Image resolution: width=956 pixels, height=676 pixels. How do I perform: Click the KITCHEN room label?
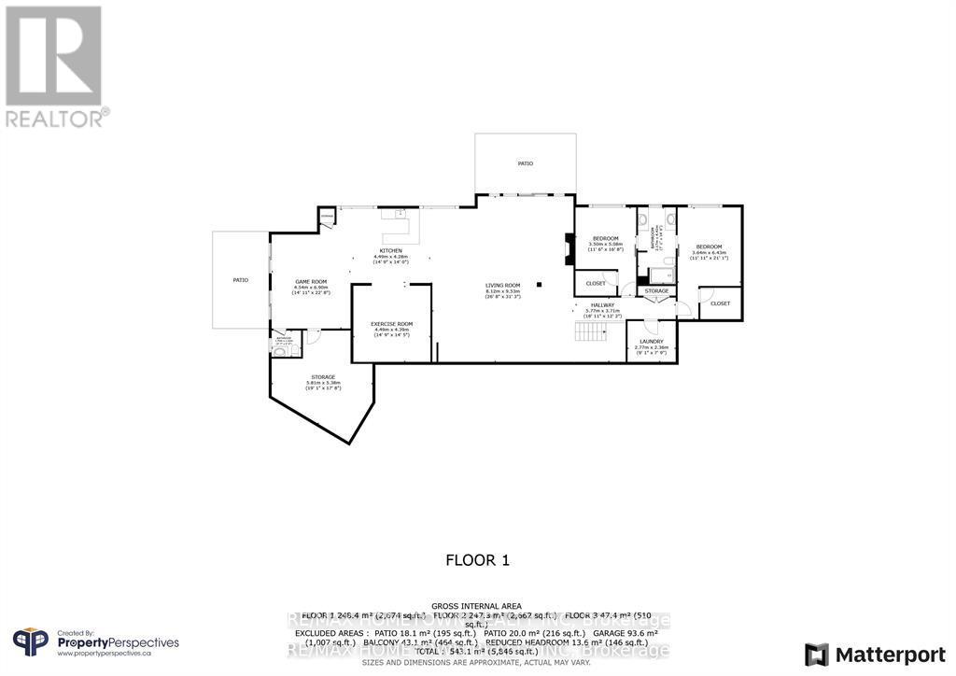390,250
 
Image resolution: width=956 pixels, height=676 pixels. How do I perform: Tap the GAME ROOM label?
310,281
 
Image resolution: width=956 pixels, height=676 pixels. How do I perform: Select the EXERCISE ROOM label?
391,323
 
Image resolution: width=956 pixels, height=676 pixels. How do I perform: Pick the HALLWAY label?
602,305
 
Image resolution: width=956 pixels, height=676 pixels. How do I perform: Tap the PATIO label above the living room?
526,163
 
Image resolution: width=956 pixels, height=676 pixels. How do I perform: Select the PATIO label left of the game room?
240,279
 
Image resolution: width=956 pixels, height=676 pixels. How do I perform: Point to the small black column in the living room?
539,285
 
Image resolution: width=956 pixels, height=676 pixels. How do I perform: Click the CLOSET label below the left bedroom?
596,283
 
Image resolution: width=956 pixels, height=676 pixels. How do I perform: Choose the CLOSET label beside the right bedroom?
720,303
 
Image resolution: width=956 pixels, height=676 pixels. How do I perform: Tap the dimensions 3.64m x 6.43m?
710,253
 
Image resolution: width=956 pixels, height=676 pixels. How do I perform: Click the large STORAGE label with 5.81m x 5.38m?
323,376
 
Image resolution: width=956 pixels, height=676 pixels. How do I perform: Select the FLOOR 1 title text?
477,560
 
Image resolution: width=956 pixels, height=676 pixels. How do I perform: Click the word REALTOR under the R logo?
56,119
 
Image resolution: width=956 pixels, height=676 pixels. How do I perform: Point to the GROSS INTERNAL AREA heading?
476,606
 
